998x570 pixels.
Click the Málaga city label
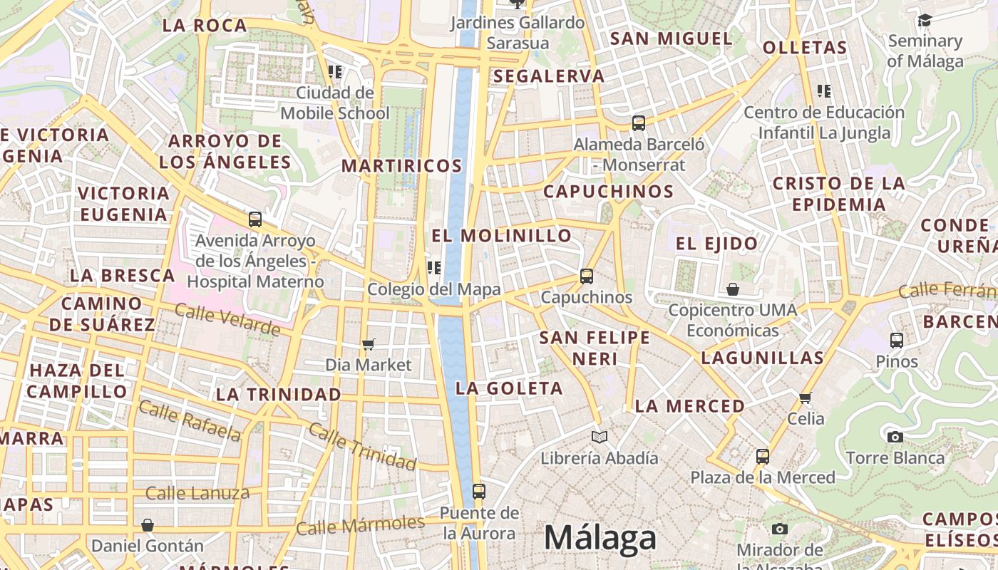[600, 538]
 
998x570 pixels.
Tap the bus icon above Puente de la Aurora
[479, 491]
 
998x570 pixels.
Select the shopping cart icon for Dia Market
[368, 345]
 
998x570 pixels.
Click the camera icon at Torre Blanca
[895, 437]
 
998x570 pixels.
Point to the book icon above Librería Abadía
[600, 437]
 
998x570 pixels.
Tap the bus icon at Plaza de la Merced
[763, 456]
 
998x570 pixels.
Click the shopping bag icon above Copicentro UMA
[732, 289]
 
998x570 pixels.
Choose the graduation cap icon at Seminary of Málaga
[925, 20]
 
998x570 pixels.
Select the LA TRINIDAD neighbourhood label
[279, 394]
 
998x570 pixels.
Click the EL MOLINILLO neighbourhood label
[502, 235]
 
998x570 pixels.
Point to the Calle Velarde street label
[227, 320]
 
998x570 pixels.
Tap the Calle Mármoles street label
[360, 525]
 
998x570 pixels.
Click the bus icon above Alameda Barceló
[639, 123]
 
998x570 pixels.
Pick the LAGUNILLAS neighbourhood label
[762, 358]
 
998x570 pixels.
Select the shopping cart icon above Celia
[806, 398]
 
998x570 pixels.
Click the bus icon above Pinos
[897, 340]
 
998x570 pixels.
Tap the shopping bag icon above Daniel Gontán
[148, 525]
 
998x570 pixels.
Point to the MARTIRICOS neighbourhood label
[402, 166]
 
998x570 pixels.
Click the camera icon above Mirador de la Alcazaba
[780, 529]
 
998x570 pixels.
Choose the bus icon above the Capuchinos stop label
[587, 276]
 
